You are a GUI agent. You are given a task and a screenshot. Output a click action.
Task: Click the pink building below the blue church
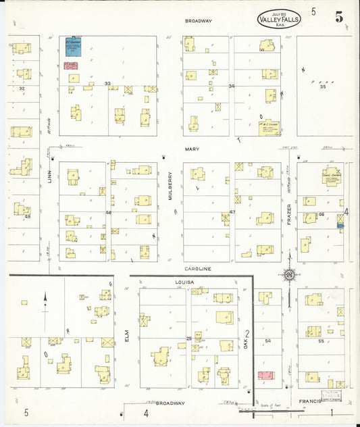pos(70,66)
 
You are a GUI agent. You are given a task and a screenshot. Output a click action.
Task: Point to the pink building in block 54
pos(265,375)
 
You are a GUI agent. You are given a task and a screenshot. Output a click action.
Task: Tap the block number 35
pos(323,86)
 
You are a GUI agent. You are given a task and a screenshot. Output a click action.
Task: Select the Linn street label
pos(49,176)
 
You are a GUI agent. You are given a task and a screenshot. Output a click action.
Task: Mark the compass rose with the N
pos(289,275)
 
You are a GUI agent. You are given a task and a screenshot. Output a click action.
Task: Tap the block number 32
pos(22,89)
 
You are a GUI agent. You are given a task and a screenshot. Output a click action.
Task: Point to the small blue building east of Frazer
pos(340,228)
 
